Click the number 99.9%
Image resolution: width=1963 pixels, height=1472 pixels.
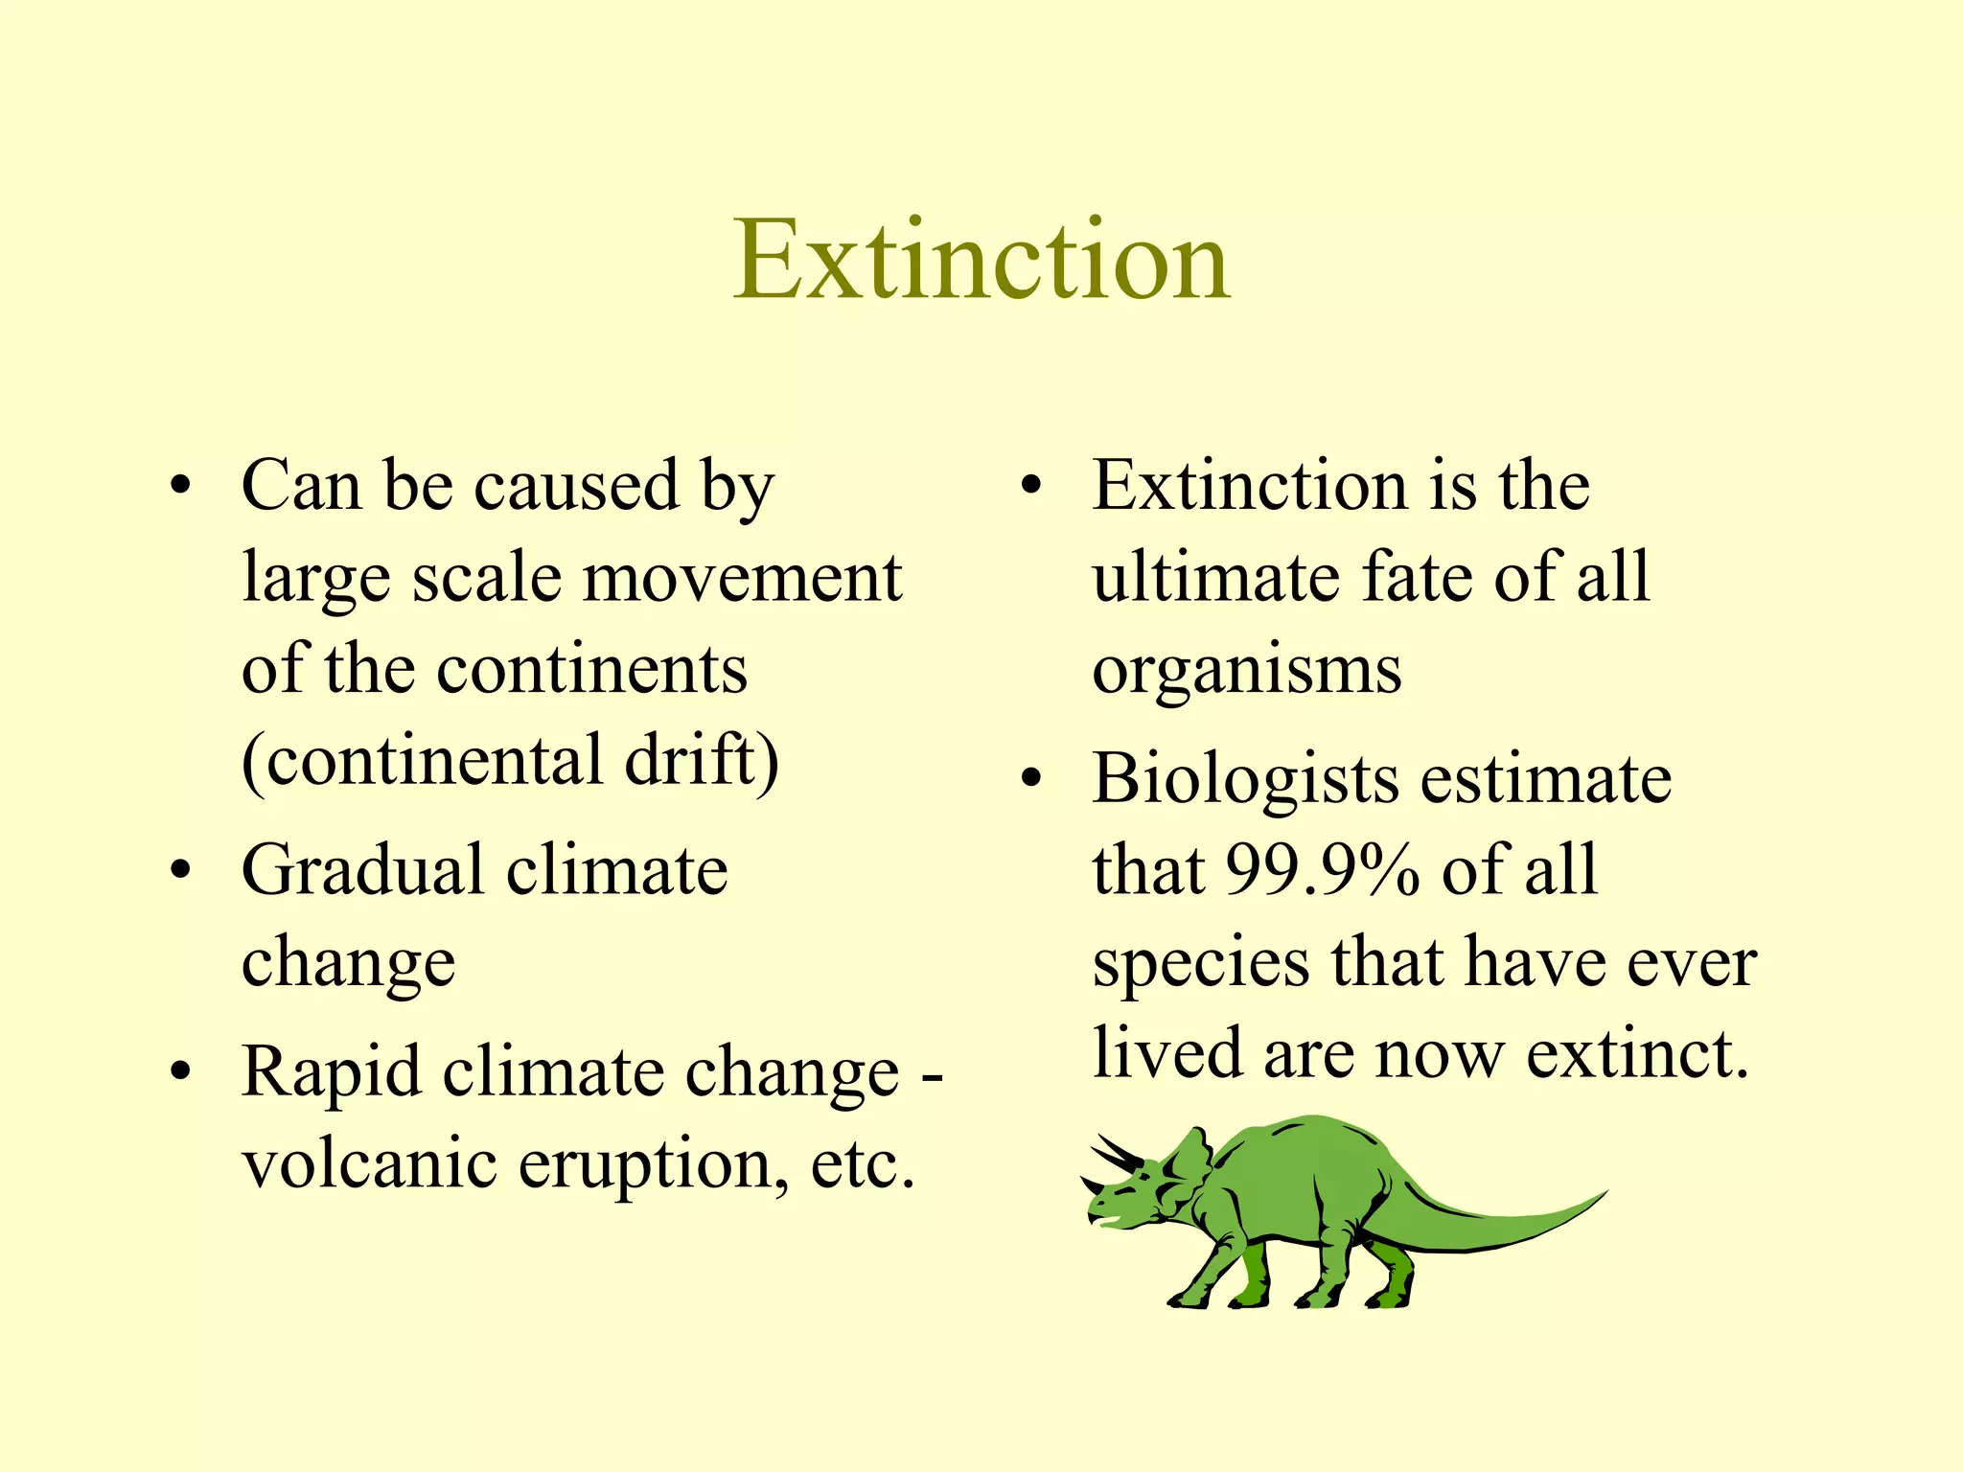pos(1322,870)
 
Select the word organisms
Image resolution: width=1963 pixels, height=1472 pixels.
pos(1247,671)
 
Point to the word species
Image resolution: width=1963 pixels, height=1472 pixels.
pos(1201,963)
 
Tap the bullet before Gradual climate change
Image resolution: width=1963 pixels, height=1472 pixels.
pos(180,871)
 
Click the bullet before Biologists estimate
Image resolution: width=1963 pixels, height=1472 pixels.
pos(1030,778)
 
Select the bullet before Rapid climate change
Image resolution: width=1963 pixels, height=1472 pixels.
pos(180,1072)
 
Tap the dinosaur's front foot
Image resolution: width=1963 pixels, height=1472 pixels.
pos(1189,1299)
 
